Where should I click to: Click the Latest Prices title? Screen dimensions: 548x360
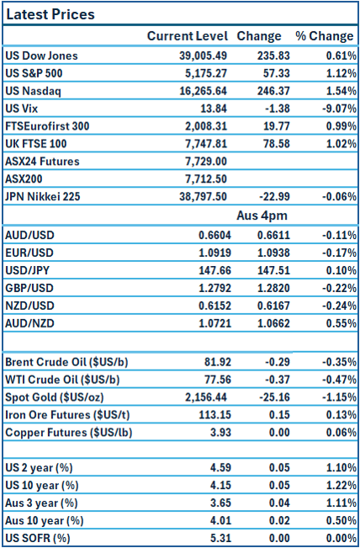[x=50, y=14]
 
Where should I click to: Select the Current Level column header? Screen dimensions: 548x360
[x=187, y=36]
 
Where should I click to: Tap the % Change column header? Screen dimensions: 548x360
[x=324, y=36]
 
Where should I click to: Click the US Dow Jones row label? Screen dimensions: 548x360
[x=41, y=56]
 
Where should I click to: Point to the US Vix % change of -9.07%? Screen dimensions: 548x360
[x=335, y=108]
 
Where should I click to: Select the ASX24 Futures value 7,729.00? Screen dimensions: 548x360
[x=207, y=161]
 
